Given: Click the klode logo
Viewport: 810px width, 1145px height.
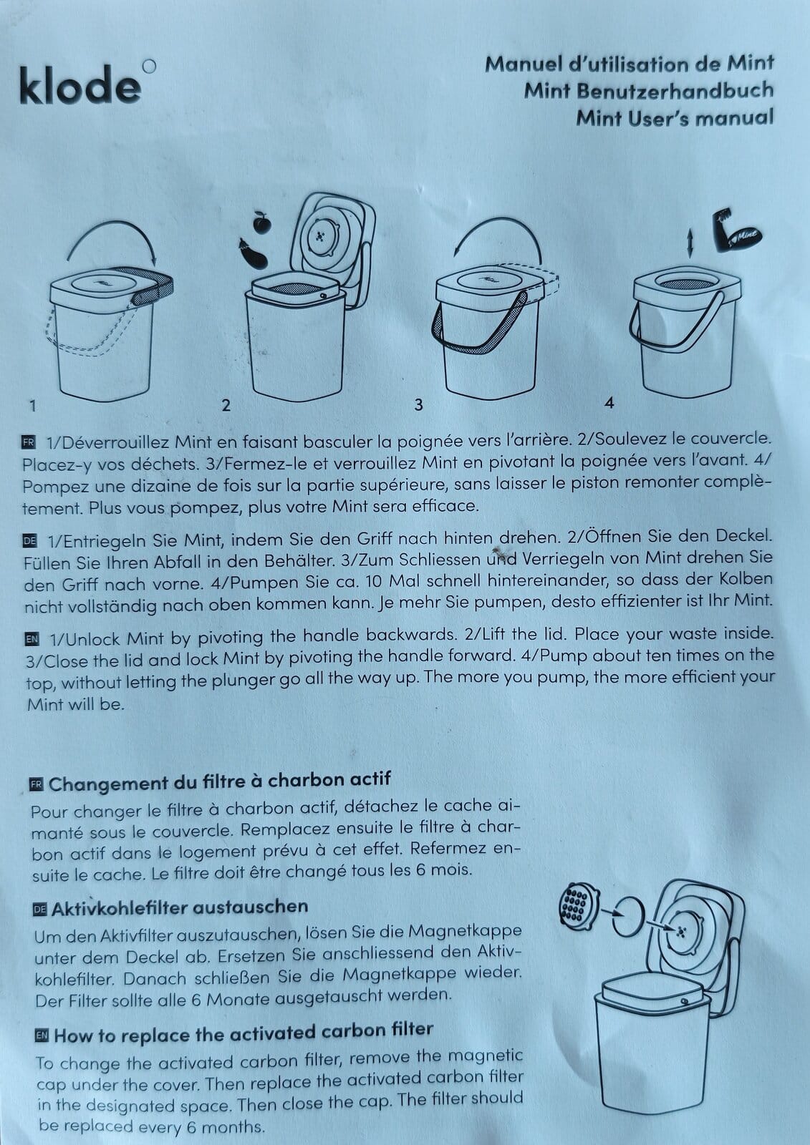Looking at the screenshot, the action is [x=87, y=83].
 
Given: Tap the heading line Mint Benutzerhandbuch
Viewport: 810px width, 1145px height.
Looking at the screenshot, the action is [x=648, y=91].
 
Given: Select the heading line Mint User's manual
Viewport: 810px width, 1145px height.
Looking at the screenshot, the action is [x=675, y=118].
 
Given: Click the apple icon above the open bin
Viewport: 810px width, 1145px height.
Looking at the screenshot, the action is [x=261, y=223].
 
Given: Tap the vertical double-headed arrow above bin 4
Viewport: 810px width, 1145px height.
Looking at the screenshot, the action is [x=690, y=243].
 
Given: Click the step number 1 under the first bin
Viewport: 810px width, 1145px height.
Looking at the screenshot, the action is [x=33, y=406].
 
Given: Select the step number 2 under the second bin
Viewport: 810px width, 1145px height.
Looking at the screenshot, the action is [x=226, y=405].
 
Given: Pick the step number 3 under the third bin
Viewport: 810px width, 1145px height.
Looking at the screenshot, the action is [x=418, y=405].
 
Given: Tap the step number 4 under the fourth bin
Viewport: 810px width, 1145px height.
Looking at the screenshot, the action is [x=609, y=404].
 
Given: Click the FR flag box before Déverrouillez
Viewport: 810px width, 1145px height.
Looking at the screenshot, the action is [x=29, y=442].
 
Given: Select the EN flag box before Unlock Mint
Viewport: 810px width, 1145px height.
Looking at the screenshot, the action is [x=32, y=639].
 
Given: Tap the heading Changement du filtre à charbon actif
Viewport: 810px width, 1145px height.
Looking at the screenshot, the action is [x=220, y=783].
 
